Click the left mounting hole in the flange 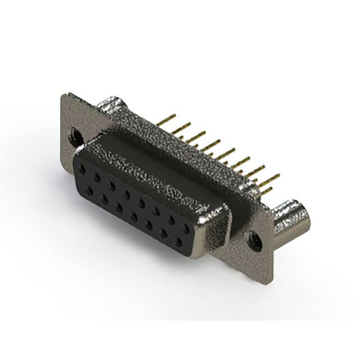[x=74, y=136]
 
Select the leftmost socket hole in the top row [x=83, y=168]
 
